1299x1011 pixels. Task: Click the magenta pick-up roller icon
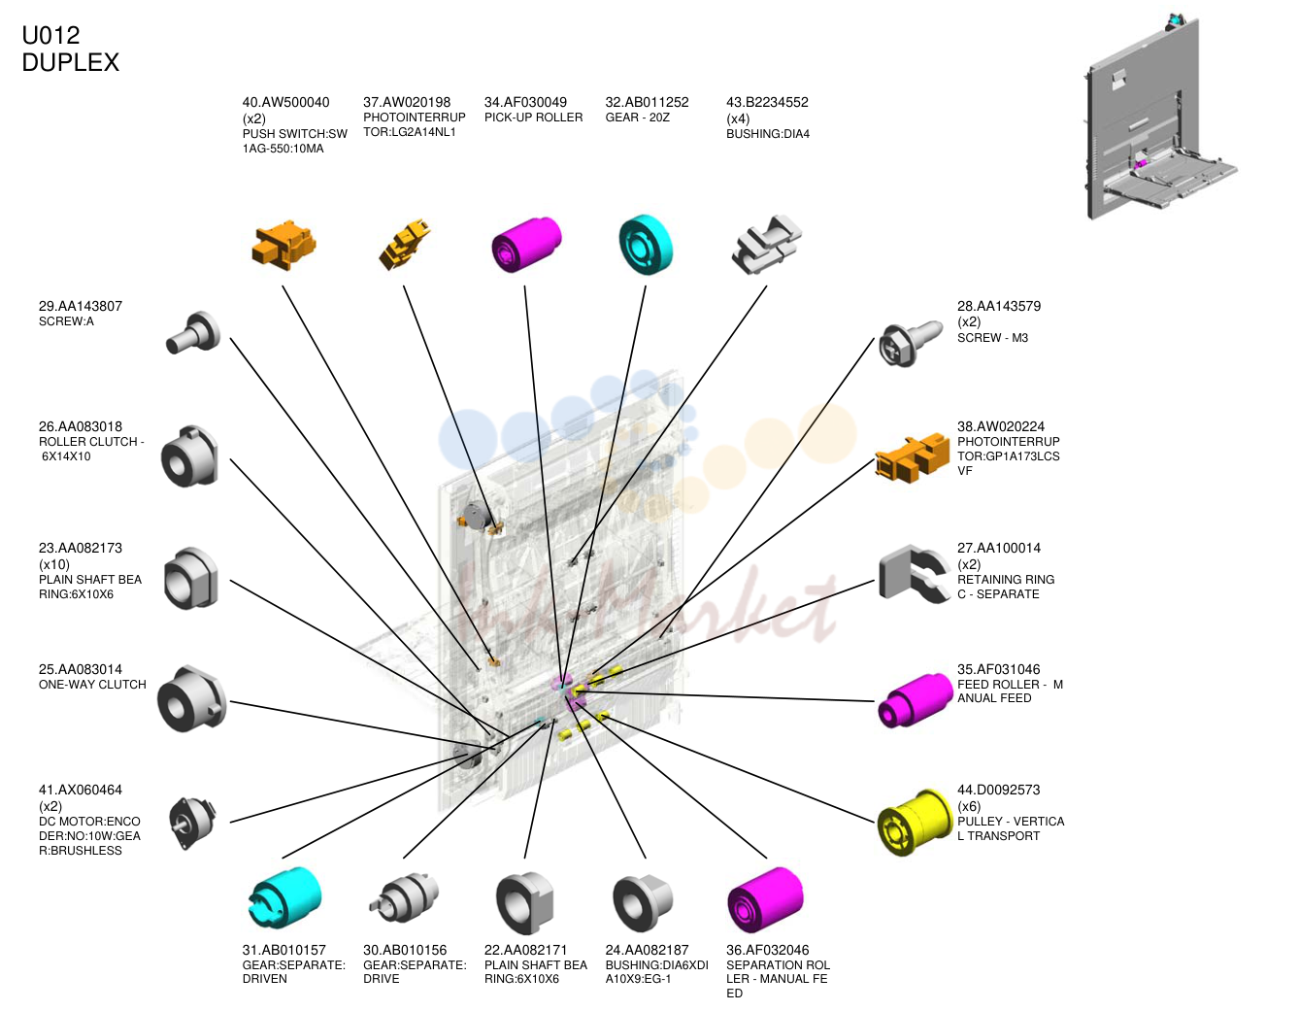(x=526, y=245)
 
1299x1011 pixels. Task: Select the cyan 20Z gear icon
(x=646, y=245)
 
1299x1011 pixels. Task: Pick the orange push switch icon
(x=283, y=244)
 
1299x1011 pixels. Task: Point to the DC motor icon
(x=192, y=822)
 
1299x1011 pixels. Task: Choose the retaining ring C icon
(x=914, y=573)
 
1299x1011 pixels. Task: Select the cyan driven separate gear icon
(x=284, y=896)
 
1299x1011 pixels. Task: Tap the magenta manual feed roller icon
(x=915, y=699)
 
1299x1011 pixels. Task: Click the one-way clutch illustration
(x=192, y=698)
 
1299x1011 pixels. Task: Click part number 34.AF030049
(x=525, y=102)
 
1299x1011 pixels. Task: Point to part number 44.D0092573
(x=998, y=790)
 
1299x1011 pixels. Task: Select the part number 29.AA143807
(x=81, y=306)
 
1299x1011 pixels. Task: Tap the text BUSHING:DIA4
(x=768, y=134)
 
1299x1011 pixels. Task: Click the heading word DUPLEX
(x=71, y=62)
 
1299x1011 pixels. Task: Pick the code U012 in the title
(x=50, y=35)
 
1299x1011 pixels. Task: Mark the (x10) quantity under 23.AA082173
(x=54, y=564)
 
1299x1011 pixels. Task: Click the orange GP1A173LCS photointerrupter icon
(x=913, y=458)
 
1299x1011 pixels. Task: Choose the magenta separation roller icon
(x=766, y=899)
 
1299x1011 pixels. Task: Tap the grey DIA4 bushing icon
(x=766, y=245)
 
